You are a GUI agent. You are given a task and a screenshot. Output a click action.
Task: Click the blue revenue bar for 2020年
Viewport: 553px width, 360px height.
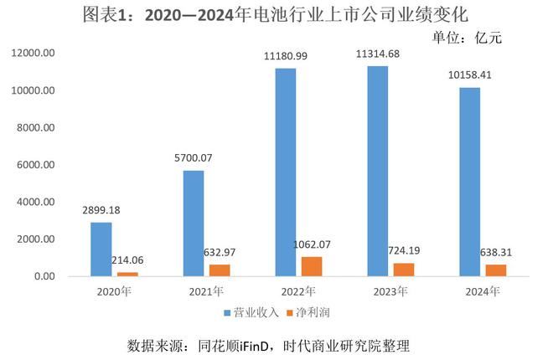101,249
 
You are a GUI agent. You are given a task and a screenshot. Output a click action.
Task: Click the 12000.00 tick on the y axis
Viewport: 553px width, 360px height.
34,53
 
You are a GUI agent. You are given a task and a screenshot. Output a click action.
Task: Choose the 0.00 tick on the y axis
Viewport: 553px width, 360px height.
44,276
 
